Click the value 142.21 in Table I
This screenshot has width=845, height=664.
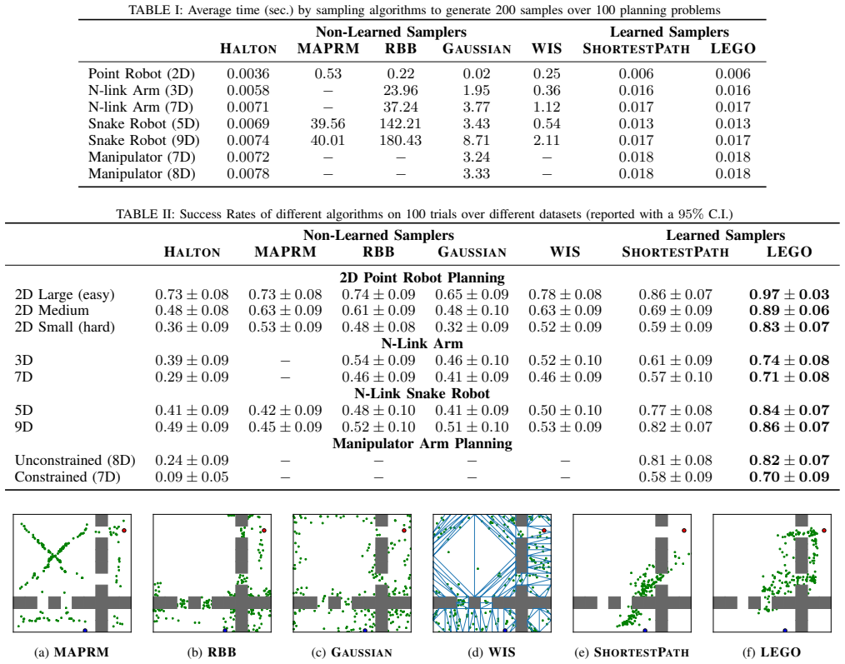click(x=400, y=123)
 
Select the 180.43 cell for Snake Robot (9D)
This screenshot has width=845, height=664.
click(x=400, y=140)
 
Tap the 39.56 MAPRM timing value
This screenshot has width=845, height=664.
click(x=327, y=123)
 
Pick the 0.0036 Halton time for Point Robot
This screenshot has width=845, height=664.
click(x=247, y=73)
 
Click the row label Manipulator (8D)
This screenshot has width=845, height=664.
click(x=142, y=173)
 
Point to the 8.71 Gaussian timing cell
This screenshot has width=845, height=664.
click(x=477, y=140)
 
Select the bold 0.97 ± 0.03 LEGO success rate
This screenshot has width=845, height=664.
click(x=789, y=294)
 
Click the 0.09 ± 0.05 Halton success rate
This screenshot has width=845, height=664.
click(x=192, y=477)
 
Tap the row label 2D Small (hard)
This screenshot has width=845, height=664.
click(x=65, y=327)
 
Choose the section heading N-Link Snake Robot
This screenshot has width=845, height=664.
click(x=422, y=393)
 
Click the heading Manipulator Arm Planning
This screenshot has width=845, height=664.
click(x=422, y=443)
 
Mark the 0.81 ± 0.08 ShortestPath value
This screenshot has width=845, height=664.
click(x=675, y=460)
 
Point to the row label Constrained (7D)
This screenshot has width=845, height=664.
click(x=67, y=477)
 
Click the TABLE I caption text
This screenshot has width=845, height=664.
click(x=425, y=10)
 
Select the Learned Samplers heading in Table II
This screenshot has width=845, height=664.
click(x=725, y=235)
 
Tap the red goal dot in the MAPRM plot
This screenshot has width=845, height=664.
click(x=124, y=531)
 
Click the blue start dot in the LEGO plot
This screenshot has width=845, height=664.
click(x=785, y=630)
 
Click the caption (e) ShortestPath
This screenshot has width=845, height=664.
click(x=632, y=652)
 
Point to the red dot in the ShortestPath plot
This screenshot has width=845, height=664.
click(x=684, y=531)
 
